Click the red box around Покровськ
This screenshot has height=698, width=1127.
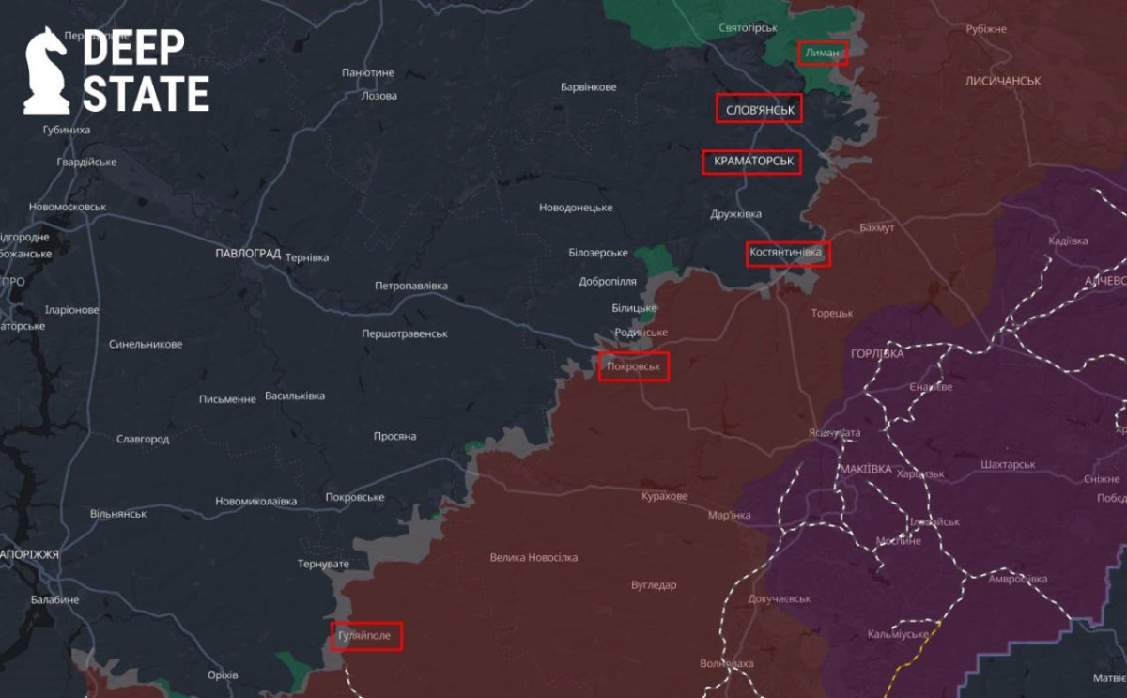coord(634,365)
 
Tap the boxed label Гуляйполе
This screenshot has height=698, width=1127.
coord(366,636)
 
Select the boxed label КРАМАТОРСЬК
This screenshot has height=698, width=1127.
coord(752,162)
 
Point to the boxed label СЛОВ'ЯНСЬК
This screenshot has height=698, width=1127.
coord(760,109)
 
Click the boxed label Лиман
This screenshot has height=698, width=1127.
coord(822,54)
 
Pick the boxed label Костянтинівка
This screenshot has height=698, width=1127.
coord(788,254)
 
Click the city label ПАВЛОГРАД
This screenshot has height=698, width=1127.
coord(248,254)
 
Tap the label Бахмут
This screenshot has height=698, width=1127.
coord(877,228)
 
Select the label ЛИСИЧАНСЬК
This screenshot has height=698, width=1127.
coord(1002,82)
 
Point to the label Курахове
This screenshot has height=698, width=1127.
coord(665,496)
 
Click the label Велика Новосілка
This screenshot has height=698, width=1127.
coord(533,557)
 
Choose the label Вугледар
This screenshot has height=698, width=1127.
coord(653,585)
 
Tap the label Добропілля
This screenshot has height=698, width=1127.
coord(608,281)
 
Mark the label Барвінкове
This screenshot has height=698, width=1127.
coord(588,87)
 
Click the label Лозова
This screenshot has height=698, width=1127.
coord(378,96)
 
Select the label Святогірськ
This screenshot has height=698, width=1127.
coord(749,28)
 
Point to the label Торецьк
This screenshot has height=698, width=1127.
coord(832,313)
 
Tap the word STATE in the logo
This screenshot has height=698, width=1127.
coord(146,94)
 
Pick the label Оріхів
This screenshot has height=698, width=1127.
coord(222,675)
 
